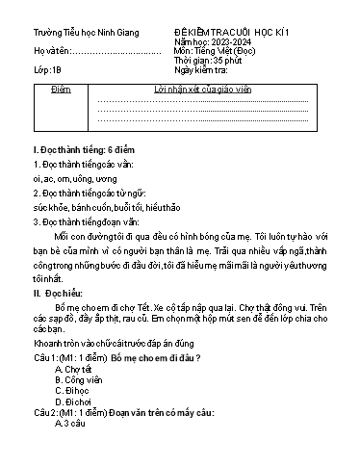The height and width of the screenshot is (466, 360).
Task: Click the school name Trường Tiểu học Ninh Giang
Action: [x=85, y=33]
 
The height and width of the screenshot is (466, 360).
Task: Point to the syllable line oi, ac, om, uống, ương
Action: [x=76, y=178]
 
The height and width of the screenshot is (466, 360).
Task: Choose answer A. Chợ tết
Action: [x=73, y=369]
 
